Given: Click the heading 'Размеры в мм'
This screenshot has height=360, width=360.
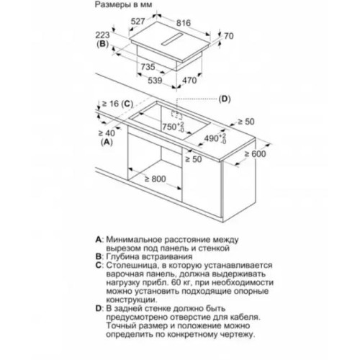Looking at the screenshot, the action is (x=123, y=5).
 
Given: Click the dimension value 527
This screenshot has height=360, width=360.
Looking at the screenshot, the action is (x=138, y=22).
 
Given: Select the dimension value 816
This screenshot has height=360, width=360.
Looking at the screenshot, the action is (x=184, y=23).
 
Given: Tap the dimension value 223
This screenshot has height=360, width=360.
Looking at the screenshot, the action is (x=102, y=35).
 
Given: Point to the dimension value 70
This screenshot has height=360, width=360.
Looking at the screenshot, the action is (x=229, y=36).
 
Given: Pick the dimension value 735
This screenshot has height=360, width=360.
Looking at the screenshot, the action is (x=148, y=67).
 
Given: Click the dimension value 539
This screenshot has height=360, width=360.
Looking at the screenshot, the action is (x=155, y=81).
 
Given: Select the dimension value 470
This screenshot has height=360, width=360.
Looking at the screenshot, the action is (x=189, y=81).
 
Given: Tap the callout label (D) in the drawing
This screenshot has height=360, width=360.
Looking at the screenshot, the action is (x=225, y=99).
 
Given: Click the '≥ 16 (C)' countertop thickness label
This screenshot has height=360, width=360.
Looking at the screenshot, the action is (x=117, y=104).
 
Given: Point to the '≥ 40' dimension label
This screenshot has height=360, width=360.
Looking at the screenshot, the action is (x=107, y=132).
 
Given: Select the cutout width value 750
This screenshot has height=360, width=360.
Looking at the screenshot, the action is (x=170, y=127).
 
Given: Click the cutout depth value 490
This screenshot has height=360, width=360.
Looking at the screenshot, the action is (x=212, y=138).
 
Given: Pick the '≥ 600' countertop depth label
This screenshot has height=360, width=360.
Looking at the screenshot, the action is (x=255, y=154).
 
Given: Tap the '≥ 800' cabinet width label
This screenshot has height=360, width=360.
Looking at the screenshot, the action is (x=156, y=179).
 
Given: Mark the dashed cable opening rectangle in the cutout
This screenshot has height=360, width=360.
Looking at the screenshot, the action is (x=176, y=114).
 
